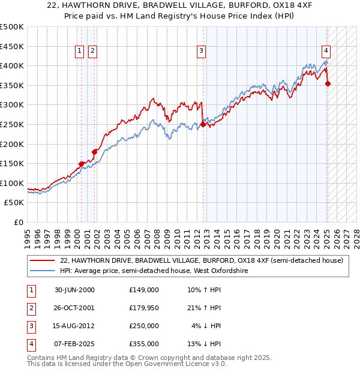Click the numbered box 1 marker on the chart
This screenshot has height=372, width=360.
[79, 52]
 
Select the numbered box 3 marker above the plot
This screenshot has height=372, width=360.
[202, 52]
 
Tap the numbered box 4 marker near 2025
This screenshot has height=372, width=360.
[325, 52]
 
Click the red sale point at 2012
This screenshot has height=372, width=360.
[203, 124]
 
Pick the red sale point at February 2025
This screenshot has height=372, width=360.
[328, 83]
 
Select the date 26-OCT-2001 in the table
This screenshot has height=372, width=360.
[75, 308]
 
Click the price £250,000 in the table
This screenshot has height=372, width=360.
[143, 326]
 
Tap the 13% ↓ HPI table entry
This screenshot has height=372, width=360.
[205, 344]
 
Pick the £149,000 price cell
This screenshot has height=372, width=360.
[143, 290]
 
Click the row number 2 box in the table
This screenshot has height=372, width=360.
[29, 308]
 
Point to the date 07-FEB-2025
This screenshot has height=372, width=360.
[75, 344]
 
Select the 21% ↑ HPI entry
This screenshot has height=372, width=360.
[205, 308]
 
